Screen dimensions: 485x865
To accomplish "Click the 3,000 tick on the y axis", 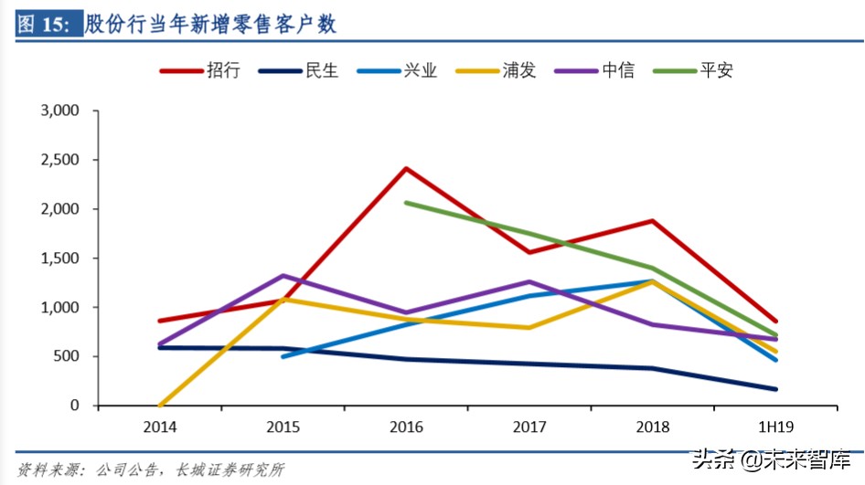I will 60,111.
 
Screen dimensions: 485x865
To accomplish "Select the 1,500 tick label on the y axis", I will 60,258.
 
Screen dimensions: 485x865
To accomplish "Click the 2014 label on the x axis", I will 159,427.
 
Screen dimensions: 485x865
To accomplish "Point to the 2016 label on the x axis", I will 405,427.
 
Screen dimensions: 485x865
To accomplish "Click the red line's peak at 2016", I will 405,168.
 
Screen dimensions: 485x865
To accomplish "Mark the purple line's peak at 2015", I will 283,275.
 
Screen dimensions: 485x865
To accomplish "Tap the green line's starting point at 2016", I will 405,203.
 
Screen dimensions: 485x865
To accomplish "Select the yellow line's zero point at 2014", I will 161,405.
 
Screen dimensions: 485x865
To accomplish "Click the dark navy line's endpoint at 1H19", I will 775,389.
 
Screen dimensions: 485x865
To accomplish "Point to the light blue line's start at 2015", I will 283,356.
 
